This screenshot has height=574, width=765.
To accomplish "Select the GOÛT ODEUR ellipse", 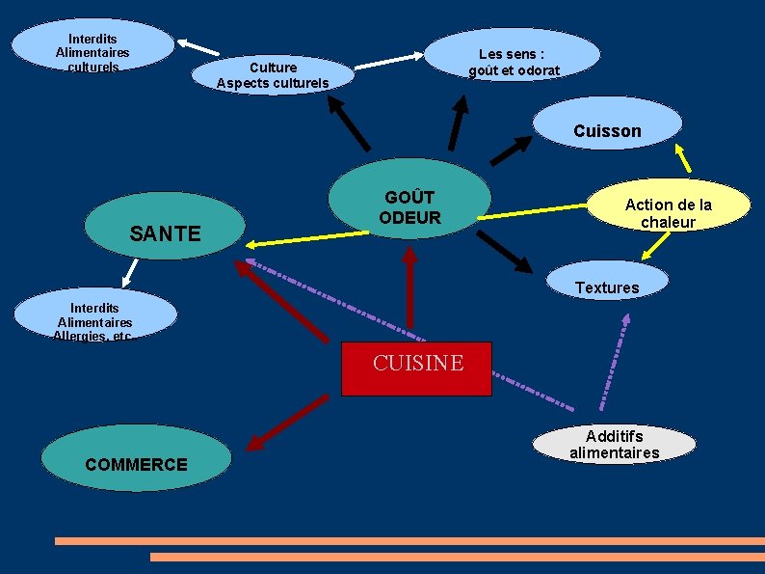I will [409, 204].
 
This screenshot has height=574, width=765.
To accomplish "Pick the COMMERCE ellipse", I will [138, 462].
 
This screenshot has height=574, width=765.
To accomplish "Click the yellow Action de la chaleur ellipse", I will [668, 206].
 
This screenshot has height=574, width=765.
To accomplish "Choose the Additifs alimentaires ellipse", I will [614, 444].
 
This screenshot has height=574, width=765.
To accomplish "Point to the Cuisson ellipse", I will [607, 124].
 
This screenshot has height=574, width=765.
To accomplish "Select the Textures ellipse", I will [607, 281].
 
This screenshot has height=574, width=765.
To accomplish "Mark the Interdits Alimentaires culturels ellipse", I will [92, 46].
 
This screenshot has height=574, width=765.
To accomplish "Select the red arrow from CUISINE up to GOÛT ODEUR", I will [409, 289].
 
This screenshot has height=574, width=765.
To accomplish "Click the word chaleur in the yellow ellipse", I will [668, 222].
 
